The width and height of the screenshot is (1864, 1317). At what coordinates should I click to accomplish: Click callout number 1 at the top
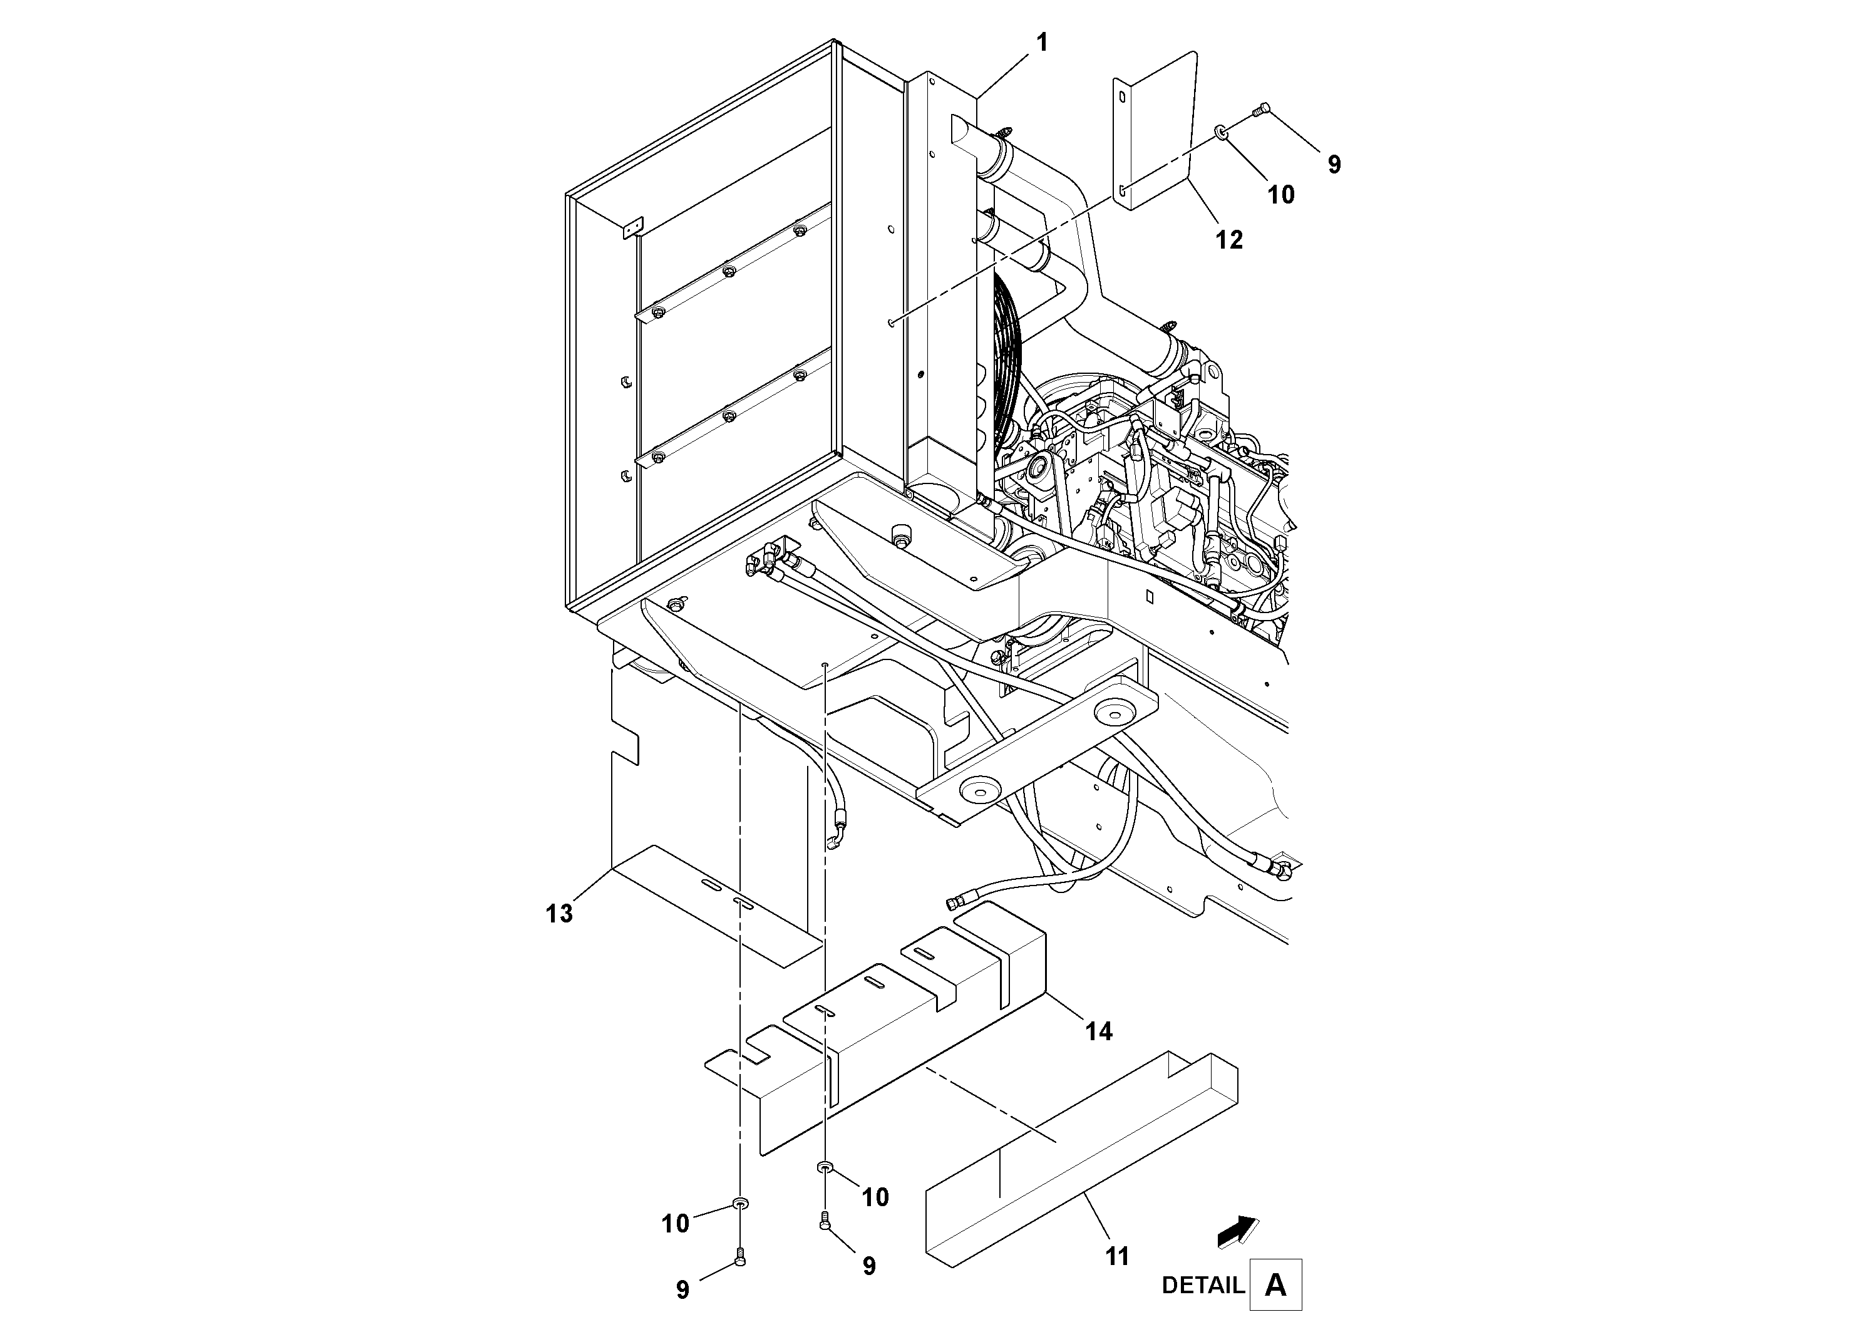click(1043, 43)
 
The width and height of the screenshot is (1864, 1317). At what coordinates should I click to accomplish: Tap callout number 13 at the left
click(559, 914)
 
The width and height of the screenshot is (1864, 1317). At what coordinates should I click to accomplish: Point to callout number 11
click(1117, 1257)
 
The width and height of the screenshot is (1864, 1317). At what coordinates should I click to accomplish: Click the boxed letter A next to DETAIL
click(1275, 1284)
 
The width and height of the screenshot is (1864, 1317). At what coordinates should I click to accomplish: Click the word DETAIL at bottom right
click(1202, 1285)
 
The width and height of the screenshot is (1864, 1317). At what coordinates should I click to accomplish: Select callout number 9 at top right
click(1334, 165)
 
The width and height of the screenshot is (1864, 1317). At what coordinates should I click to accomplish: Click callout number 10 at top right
click(1281, 195)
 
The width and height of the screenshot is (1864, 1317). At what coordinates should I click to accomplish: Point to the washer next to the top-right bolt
click(1221, 131)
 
